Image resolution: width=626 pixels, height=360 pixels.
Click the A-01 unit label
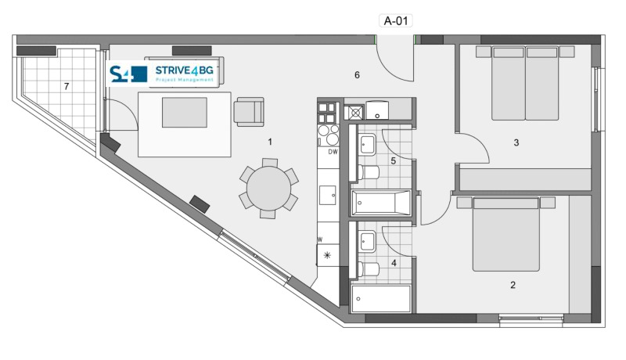click(396, 21)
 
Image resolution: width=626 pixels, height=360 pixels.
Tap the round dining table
click(268, 189)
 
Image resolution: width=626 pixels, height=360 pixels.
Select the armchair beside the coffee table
click(249, 112)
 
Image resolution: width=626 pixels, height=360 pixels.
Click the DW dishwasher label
click(333, 152)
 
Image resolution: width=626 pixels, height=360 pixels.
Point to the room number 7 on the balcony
click(67, 86)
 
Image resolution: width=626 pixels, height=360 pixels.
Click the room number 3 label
click(516, 142)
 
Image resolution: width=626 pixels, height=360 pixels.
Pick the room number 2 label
click(513, 285)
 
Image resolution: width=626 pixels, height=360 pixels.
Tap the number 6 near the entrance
click(357, 75)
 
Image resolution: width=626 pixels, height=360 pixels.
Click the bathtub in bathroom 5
click(381, 203)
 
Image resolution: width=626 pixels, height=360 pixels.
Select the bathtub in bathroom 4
click(381, 298)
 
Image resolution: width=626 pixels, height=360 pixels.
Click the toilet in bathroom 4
click(369, 269)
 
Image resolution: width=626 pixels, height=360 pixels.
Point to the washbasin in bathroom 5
click(367, 145)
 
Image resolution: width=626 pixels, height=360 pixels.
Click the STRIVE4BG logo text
click(184, 70)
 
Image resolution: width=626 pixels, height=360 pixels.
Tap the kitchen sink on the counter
click(327, 195)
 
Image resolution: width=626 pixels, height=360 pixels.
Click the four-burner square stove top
click(326, 113)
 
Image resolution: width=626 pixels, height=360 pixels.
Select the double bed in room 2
click(505, 234)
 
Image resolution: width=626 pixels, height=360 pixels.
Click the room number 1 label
click(270, 142)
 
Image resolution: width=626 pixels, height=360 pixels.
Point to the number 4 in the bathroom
click(394, 263)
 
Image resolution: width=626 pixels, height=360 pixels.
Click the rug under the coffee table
click(185, 124)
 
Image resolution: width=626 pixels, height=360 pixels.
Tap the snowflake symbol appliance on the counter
click(327, 255)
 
